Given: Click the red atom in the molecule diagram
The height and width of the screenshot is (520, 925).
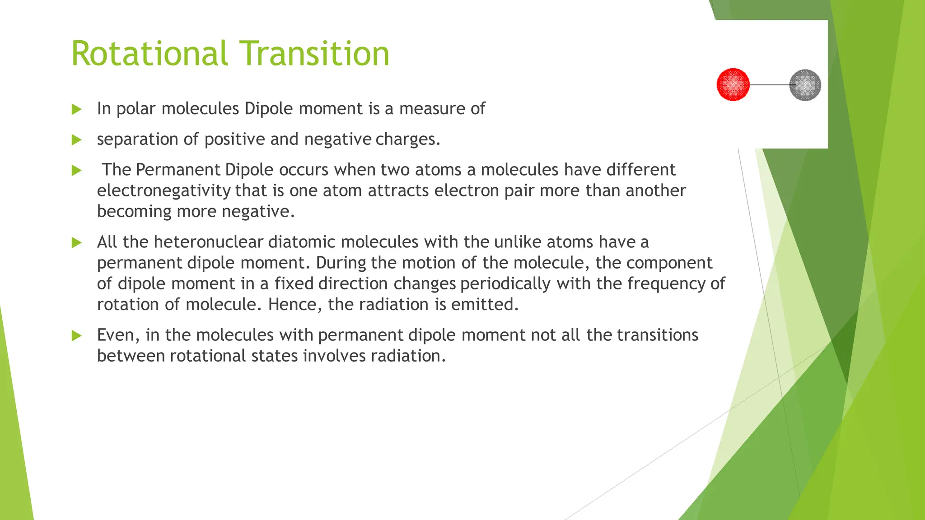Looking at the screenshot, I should pos(733,84).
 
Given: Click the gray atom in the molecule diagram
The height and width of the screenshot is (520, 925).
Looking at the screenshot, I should pos(805,85).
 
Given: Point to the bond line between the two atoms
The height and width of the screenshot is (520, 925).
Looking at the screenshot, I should pos(769,85).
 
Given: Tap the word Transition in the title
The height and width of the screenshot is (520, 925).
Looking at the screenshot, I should pos(314,54).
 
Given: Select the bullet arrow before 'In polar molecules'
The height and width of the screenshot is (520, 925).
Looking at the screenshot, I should pos(76,109).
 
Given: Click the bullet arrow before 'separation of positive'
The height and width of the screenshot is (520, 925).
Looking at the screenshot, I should pos(76,140).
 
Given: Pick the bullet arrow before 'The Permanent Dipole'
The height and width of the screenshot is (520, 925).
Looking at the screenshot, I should pos(76,171).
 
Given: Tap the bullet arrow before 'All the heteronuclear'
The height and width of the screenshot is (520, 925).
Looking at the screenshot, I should pos(76,243).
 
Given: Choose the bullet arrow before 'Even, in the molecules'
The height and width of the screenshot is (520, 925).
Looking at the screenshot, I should pos(76,336).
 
